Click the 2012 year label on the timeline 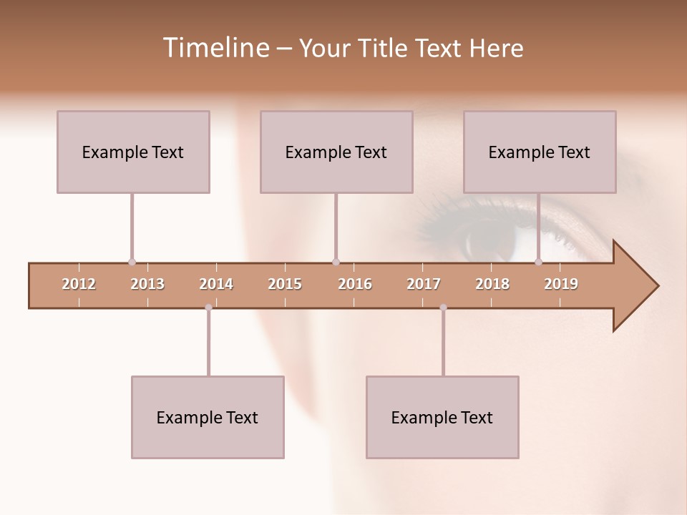[79, 284]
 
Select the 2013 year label [147, 284]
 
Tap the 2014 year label [216, 284]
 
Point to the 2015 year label [285, 284]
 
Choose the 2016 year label [355, 284]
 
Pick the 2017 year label [424, 284]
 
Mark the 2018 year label [492, 284]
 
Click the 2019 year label [561, 284]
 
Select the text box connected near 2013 [133, 152]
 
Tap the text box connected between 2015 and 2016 [336, 152]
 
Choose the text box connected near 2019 [540, 152]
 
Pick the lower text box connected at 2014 [208, 417]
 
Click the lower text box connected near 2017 [442, 417]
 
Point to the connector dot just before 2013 [132, 262]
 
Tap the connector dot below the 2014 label [208, 308]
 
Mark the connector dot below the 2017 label [443, 308]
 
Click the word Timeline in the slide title [214, 48]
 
